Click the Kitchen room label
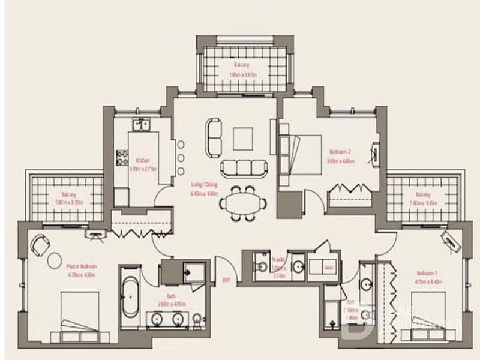pos(142,161)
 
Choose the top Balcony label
pos(242,65)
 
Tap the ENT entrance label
pos(226,280)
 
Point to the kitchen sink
pos(142,124)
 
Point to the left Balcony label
pos(68,194)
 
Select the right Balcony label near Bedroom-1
pos(422,194)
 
